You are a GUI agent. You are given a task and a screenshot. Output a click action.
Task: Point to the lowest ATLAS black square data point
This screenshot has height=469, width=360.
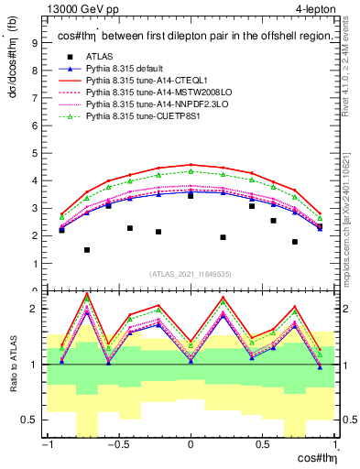[x=87, y=250]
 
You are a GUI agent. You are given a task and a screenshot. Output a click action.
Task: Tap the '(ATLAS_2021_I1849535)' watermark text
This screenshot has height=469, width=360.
[x=191, y=273]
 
